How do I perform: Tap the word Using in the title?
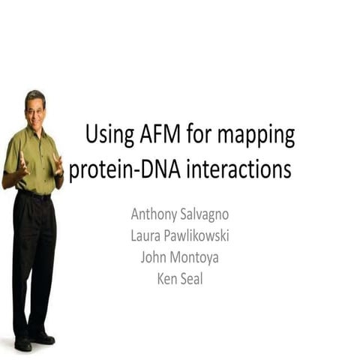point(110,136)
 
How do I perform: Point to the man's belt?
point(34,195)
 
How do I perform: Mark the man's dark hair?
point(34,95)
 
